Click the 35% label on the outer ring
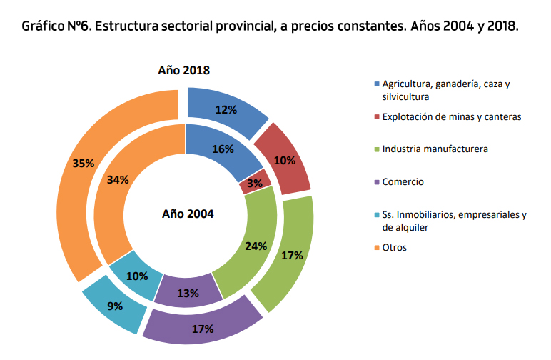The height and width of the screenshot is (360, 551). pyautogui.click(x=84, y=163)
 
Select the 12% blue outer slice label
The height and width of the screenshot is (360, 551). pyautogui.click(x=226, y=110)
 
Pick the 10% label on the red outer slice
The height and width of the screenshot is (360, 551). pyautogui.click(x=285, y=160)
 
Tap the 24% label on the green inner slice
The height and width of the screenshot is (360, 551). pyautogui.click(x=256, y=246)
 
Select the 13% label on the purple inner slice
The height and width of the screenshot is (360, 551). pyautogui.click(x=188, y=293)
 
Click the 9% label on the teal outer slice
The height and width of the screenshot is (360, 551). pyautogui.click(x=115, y=306)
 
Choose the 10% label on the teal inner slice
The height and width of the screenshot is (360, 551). pyautogui.click(x=137, y=276)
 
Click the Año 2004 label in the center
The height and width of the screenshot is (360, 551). pyautogui.click(x=188, y=213)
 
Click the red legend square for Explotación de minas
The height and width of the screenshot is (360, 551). pyautogui.click(x=375, y=116)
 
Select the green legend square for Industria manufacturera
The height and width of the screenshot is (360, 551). pyautogui.click(x=375, y=149)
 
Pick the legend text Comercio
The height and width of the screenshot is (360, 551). pyautogui.click(x=403, y=181)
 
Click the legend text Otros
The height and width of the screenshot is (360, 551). pyautogui.click(x=395, y=247)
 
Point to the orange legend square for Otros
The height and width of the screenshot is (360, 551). pyautogui.click(x=375, y=247)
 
